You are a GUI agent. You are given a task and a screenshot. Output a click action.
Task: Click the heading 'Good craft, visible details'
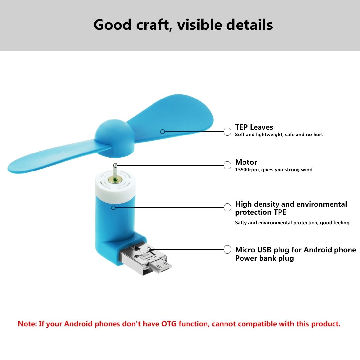coord(183,25)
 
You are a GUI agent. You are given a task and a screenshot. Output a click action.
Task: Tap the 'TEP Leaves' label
coord(254,127)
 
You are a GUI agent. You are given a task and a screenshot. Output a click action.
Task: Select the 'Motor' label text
coord(246,162)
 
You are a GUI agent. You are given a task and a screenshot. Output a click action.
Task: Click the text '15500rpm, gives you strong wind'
coord(274,170)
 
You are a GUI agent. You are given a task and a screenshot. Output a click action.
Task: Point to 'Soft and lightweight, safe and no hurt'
coord(279,135)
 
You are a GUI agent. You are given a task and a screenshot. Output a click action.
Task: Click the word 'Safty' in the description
coord(241,223)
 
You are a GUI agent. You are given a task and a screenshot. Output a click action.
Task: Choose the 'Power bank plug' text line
coord(264,258)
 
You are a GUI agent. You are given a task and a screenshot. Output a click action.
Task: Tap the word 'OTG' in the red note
coord(169,324)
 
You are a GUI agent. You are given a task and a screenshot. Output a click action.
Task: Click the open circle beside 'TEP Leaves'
coord(227,132)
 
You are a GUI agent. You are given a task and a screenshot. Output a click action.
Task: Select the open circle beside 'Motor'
coord(227,165)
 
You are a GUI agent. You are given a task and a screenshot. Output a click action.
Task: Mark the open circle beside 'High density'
coord(227,207)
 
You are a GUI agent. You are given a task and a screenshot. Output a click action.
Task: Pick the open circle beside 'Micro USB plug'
coord(227,249)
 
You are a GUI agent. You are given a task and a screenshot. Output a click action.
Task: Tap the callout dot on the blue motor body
coord(113,207)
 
